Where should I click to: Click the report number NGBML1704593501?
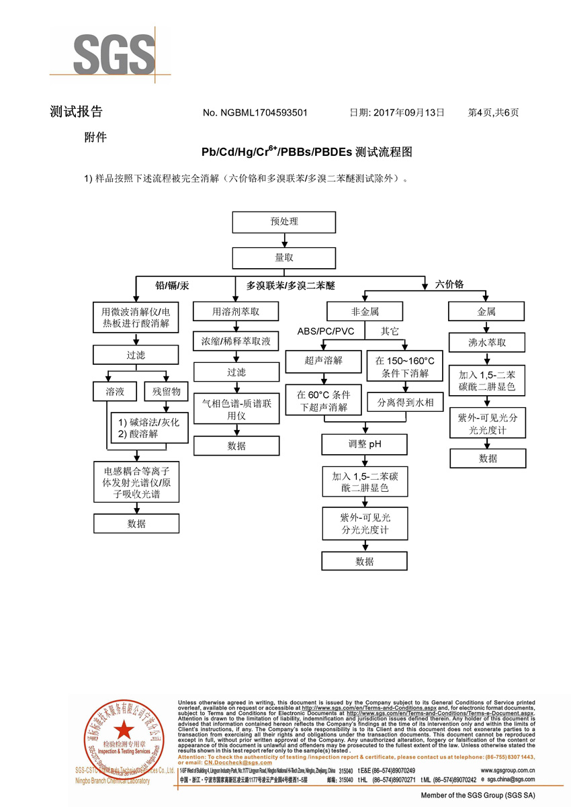[255, 113]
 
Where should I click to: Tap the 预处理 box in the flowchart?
[283, 221]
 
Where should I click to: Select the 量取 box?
[283, 257]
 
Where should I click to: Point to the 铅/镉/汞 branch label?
[173, 286]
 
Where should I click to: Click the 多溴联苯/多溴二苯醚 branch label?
[290, 286]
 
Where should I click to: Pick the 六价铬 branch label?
[449, 285]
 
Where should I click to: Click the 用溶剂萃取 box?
[236, 312]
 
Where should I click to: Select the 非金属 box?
[365, 312]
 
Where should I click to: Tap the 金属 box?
[486, 312]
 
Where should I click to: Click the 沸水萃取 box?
[486, 343]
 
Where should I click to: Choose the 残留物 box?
[165, 391]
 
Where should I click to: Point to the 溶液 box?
[114, 391]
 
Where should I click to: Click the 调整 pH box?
[365, 444]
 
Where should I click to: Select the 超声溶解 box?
[324, 361]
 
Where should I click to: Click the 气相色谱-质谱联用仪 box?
[236, 409]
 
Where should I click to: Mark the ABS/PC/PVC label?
[326, 331]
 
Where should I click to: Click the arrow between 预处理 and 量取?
[283, 239]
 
